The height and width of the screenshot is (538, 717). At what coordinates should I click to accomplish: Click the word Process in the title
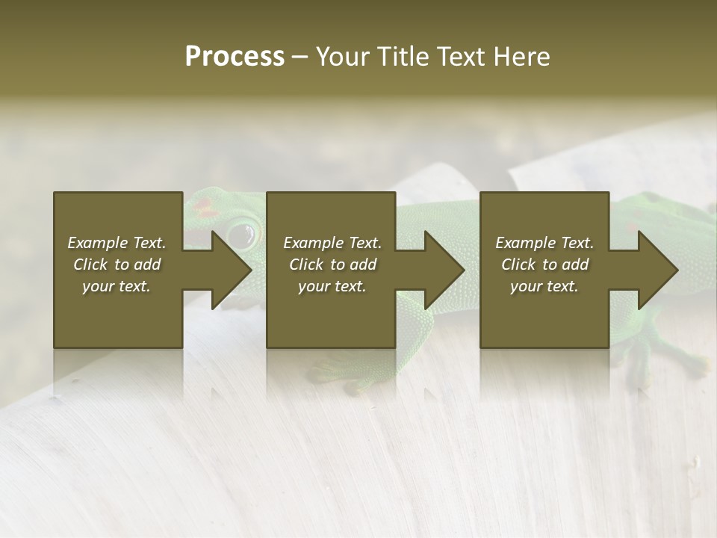(x=235, y=57)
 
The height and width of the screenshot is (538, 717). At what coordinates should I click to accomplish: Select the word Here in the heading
(x=521, y=57)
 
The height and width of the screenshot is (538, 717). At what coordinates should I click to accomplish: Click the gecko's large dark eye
(x=241, y=235)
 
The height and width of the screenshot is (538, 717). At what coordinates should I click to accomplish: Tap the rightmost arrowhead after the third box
(x=657, y=270)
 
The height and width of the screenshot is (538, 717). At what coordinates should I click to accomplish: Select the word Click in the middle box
(x=307, y=265)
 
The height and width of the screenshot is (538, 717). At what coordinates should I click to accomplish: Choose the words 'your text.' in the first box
(x=117, y=286)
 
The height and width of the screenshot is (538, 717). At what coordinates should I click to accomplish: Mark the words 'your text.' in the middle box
(x=332, y=286)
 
